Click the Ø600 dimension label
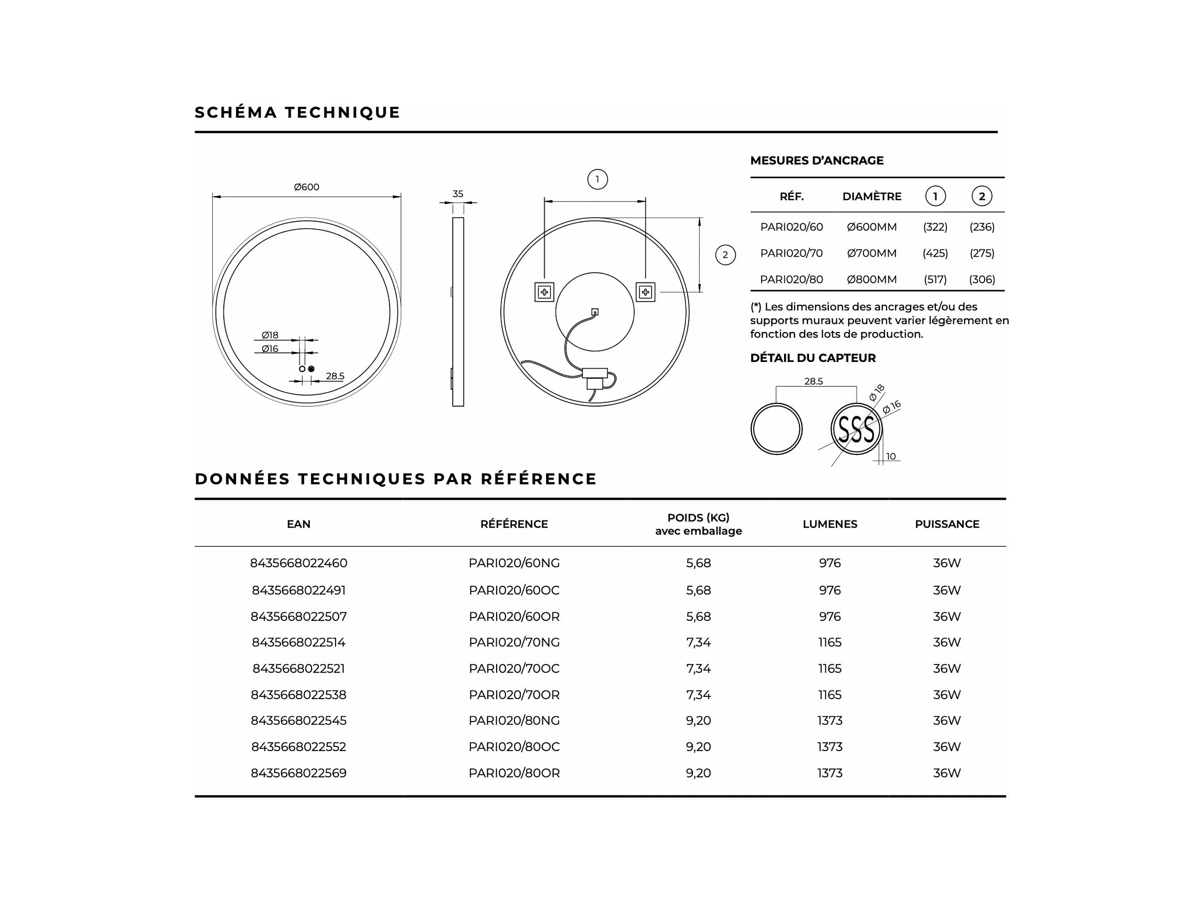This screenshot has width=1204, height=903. coord(307,187)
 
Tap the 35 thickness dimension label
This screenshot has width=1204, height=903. coord(458,194)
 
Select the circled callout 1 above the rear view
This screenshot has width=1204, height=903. coord(597,179)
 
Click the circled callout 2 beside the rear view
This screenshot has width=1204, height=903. coord(725,255)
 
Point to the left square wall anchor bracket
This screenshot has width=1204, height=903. coord(544,292)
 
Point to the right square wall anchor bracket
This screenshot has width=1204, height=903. coord(646,292)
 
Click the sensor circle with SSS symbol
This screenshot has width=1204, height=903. coord(856,429)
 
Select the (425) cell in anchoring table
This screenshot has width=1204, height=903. coord(935,253)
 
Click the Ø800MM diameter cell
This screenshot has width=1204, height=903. coord(871,280)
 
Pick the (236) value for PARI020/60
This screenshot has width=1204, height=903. coord(982,227)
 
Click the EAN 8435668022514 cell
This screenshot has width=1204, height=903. coord(299,642)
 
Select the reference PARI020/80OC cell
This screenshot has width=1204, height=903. coord(514,747)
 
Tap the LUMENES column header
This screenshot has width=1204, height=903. coord(829,524)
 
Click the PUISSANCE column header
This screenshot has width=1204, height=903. coord(947,524)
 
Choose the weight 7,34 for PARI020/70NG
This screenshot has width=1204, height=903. coord(698,642)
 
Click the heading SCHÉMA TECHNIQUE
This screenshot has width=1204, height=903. coord(297,112)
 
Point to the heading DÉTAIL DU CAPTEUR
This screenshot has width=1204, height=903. coord(813,358)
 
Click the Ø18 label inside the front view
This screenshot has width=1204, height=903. coord(269,335)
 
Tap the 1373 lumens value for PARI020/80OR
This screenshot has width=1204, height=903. coord(829,773)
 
